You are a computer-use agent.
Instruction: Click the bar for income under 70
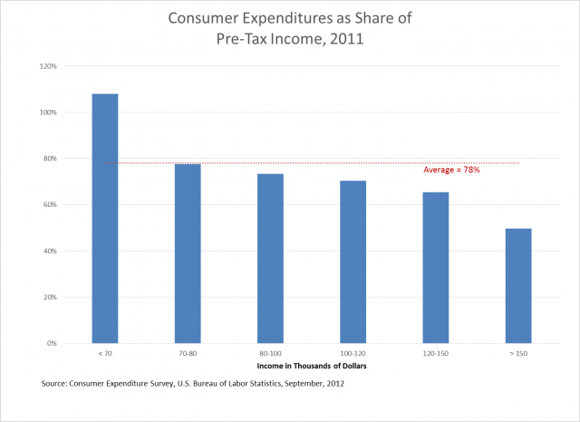105,218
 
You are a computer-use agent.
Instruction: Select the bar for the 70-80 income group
188,253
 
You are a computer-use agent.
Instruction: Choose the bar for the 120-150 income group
435,267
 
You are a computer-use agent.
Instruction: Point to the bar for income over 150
518,285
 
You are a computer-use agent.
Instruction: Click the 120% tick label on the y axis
47,66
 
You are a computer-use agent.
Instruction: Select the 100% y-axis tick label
47,113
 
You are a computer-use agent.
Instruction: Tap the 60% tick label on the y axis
49,205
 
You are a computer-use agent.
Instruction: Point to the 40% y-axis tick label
49,251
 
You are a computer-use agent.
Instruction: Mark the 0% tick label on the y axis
52,344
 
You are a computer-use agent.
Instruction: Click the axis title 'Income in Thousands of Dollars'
311,368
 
